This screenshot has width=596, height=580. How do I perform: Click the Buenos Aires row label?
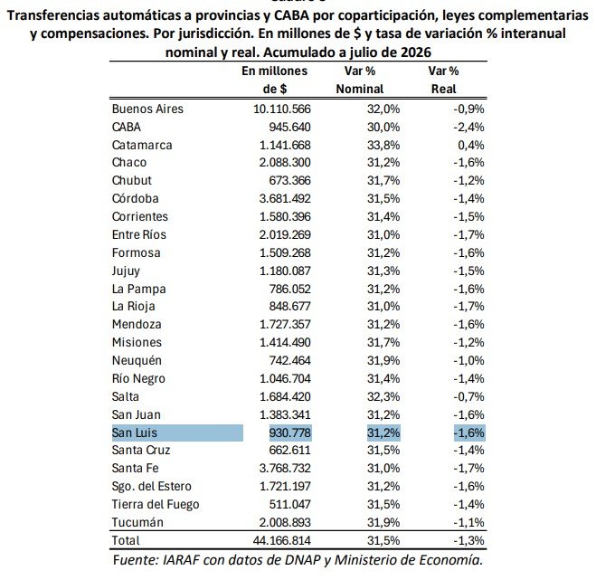point(147,109)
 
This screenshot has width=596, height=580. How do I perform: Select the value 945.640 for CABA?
point(289,127)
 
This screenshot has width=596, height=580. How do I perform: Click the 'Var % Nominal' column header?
point(360,80)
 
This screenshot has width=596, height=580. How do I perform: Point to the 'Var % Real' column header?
point(443,80)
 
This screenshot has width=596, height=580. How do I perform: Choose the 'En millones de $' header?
point(274,80)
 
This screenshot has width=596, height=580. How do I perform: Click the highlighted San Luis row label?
point(135,433)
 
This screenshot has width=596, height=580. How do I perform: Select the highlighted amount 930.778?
point(289,433)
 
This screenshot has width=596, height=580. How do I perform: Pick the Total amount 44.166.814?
point(281,540)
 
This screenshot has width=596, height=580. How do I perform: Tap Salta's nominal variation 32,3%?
point(383,396)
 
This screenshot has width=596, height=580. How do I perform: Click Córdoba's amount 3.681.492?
point(285,198)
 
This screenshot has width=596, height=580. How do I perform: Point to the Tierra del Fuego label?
point(156,504)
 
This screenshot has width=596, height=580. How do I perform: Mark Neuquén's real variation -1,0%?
point(468,360)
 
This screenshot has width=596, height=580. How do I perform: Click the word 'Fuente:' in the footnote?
point(136,560)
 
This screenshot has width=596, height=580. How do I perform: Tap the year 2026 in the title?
point(416,52)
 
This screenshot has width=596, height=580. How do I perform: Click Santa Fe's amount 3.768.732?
point(285,468)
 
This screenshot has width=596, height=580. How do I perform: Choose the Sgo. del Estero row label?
point(152,487)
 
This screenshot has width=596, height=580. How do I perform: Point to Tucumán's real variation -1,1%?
point(468,523)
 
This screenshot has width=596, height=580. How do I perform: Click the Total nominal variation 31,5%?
point(383,540)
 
